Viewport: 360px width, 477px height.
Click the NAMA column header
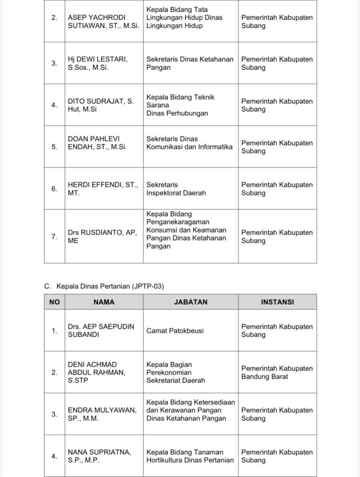[x=104, y=302]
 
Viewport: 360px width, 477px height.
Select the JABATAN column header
[x=190, y=302]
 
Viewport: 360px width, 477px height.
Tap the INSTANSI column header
[x=277, y=302]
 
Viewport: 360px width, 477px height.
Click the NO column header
[x=54, y=302]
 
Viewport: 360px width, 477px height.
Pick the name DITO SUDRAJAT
[x=101, y=105]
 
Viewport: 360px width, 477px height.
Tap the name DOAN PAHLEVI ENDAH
[x=97, y=143]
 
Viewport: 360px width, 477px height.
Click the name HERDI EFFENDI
[x=103, y=189]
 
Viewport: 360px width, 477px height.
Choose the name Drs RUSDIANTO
[x=102, y=236]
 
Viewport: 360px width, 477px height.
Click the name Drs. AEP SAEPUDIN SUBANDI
[x=101, y=330]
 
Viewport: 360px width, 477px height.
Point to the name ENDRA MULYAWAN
[x=102, y=414]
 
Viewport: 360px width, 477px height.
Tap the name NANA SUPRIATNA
[x=98, y=456]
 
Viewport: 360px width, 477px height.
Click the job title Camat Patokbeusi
[x=175, y=331]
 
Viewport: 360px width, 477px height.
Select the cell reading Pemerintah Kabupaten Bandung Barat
[x=277, y=372]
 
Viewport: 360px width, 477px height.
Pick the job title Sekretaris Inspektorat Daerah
[x=176, y=189]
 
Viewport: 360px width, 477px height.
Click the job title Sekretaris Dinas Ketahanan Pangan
[x=190, y=63]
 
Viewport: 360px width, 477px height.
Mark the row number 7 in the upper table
[x=54, y=236]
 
